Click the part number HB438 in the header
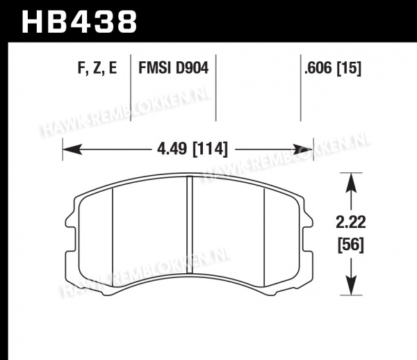pos(79,22)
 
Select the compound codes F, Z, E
pos(97,68)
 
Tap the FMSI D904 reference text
pos(173,67)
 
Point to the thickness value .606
pos(318,68)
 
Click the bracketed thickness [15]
pos(349,68)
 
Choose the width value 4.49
pos(172,149)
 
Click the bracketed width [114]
pos(210,149)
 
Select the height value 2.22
pos(351,222)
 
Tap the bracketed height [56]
pos(351,245)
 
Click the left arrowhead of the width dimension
pos(72,149)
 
